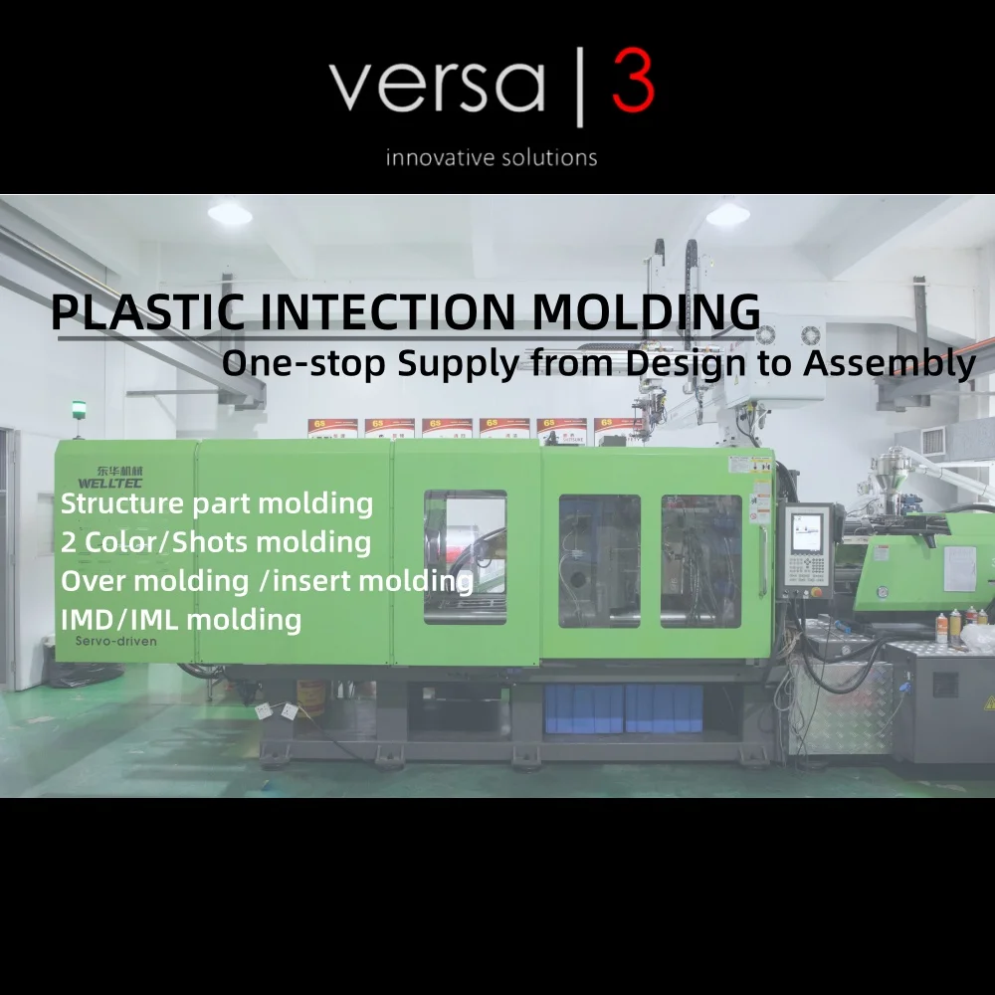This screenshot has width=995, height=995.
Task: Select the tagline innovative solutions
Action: click(492, 157)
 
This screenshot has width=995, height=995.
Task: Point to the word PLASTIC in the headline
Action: click(147, 312)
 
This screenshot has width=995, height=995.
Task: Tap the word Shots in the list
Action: click(227, 542)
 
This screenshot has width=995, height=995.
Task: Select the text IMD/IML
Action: click(120, 620)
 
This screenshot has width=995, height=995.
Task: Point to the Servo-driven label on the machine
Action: click(115, 642)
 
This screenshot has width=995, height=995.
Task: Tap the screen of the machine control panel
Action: click(806, 532)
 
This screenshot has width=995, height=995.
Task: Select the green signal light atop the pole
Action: click(79, 407)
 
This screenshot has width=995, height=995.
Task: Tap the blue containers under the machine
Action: click(624, 708)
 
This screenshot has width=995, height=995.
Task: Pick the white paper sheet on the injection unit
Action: click(959, 567)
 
